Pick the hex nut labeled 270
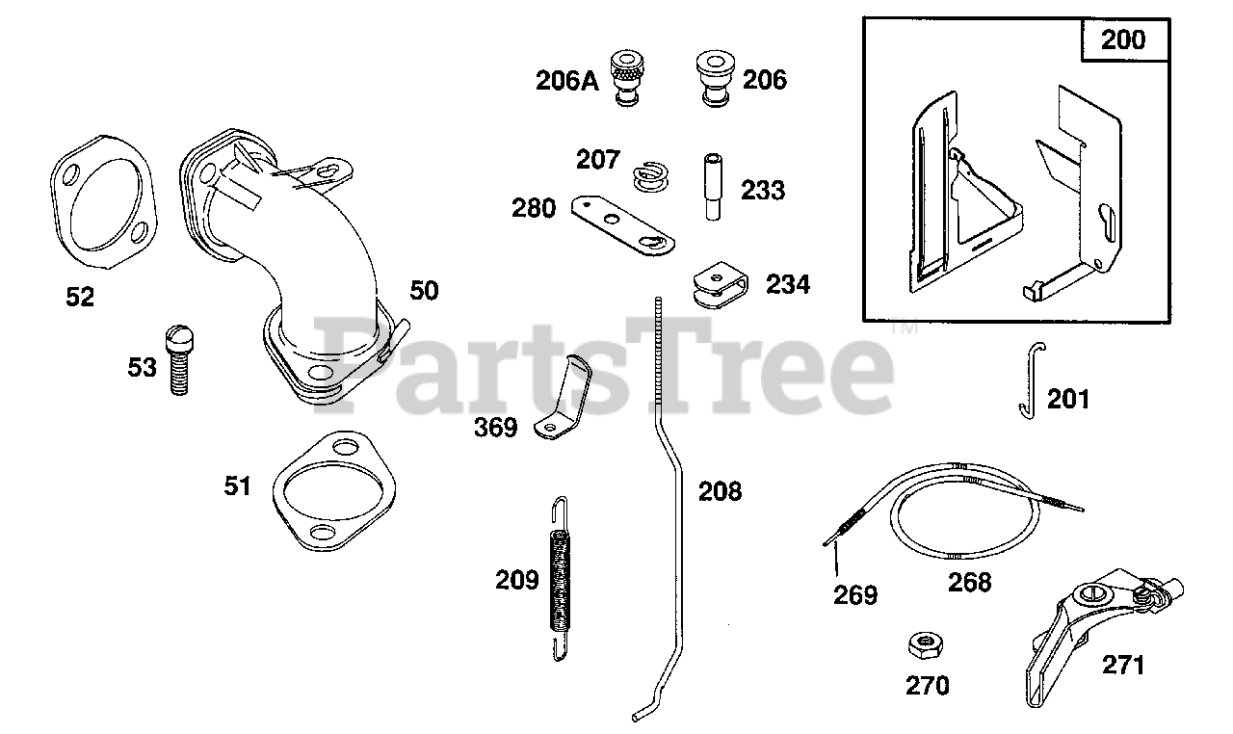pyautogui.click(x=924, y=644)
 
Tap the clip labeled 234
pyautogui.click(x=720, y=284)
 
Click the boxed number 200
pyautogui.click(x=1123, y=39)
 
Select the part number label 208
pyautogui.click(x=720, y=492)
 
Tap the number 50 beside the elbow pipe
pyautogui.click(x=424, y=290)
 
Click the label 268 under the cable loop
pyautogui.click(x=969, y=582)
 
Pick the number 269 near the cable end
pyautogui.click(x=855, y=595)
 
